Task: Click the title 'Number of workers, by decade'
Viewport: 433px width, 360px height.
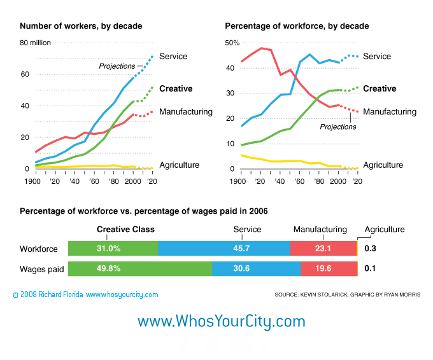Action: (x=81, y=26)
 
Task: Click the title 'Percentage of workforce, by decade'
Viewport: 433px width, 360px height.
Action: (x=297, y=26)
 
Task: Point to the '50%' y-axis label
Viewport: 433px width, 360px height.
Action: (x=232, y=43)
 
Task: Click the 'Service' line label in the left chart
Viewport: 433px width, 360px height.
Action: (x=173, y=56)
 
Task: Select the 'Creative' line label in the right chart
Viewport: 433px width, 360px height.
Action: (x=380, y=89)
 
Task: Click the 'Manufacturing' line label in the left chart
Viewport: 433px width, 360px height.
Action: (x=186, y=112)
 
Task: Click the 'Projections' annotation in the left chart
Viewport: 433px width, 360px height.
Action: (x=117, y=66)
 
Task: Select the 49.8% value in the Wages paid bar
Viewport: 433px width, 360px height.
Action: (x=108, y=268)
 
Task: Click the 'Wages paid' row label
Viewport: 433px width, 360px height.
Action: (x=42, y=269)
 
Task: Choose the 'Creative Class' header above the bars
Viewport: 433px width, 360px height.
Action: (x=125, y=230)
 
